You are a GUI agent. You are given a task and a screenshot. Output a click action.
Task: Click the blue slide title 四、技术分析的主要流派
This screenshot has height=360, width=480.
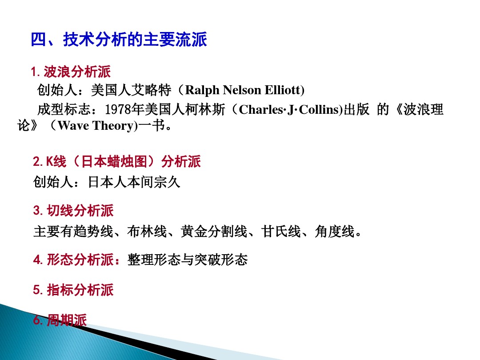pos(119,40)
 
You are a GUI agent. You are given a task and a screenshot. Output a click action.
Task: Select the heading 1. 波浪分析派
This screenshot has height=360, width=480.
pos(71,72)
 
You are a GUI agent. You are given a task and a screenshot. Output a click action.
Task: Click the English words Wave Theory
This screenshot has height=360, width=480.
pos(96,126)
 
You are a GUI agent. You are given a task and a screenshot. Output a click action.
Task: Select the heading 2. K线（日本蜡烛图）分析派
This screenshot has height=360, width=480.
pos(117,162)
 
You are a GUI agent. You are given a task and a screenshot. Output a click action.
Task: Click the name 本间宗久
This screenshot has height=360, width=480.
pos(154,182)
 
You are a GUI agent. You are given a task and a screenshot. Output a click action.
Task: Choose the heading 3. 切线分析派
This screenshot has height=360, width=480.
pos(73,210)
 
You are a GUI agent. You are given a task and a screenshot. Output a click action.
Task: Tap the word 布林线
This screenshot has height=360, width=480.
pos(147,232)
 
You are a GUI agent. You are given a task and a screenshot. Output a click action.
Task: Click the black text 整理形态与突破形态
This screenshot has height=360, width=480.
pos(187,260)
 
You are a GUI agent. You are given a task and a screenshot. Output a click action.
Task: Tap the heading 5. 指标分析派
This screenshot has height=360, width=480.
pos(73,290)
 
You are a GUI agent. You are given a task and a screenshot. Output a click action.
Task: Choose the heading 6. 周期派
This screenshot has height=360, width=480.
pos(60,320)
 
